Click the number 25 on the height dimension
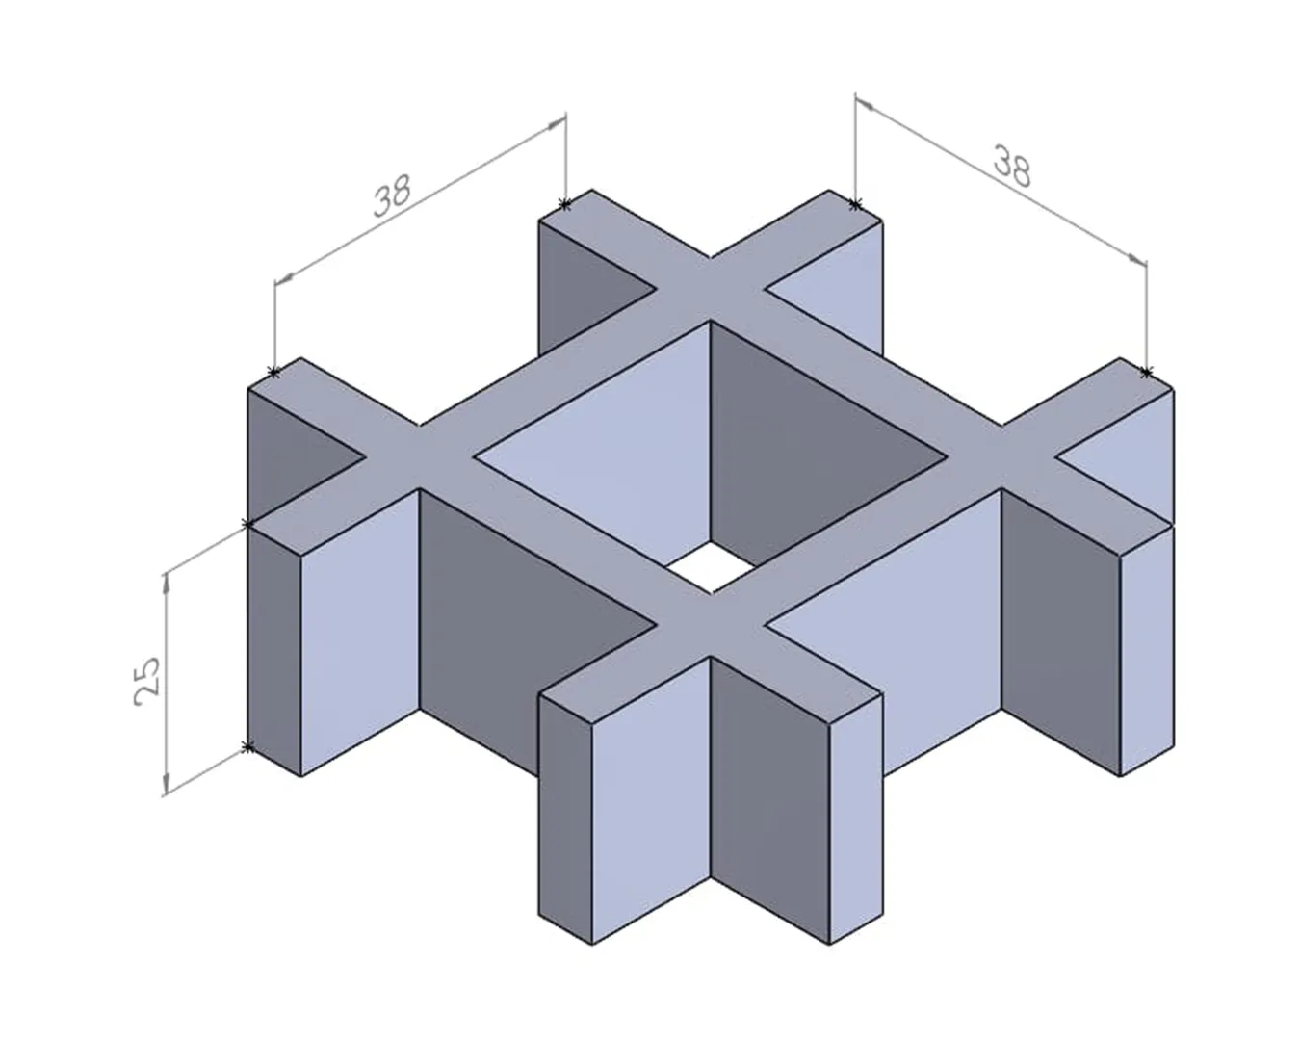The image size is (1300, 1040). click(x=147, y=681)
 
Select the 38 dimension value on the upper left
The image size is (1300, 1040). click(x=392, y=195)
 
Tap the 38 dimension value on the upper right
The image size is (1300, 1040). click(x=1012, y=166)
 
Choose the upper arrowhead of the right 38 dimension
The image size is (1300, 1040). click(x=866, y=105)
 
